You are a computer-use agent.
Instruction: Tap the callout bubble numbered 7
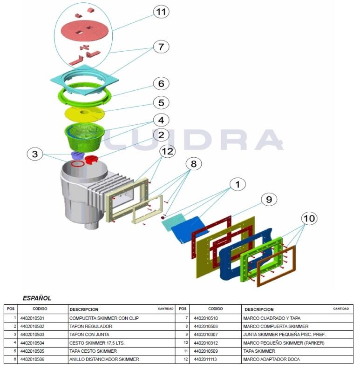pyautogui.click(x=161, y=47)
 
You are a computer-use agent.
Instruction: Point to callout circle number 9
pyautogui.click(x=268, y=200)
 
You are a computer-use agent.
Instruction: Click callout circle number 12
pyautogui.click(x=168, y=151)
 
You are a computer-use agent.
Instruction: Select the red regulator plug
pyautogui.click(x=91, y=160)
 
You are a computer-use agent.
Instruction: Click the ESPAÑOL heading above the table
pyautogui.click(x=37, y=298)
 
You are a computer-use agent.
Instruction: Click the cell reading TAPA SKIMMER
pyautogui.click(x=259, y=351)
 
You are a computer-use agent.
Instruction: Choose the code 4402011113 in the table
pyautogui.click(x=208, y=359)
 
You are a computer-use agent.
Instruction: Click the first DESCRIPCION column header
pyautogui.click(x=84, y=309)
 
